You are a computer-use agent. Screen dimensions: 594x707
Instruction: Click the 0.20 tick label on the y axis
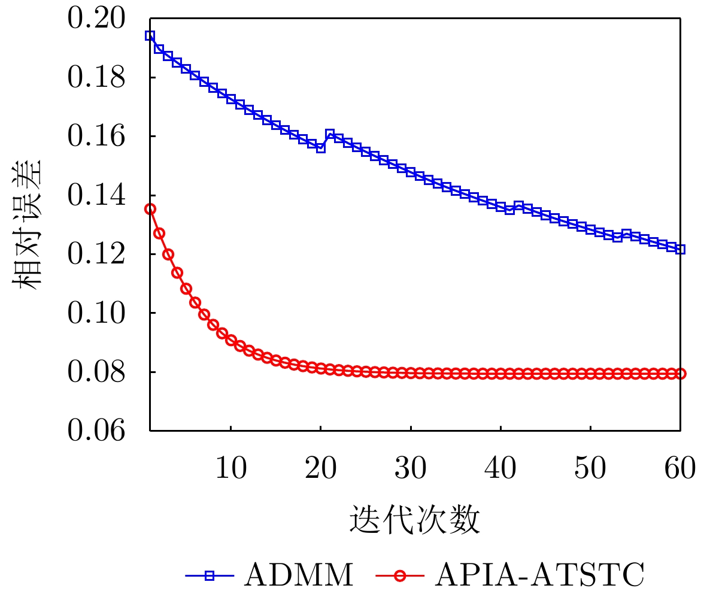click(96, 19)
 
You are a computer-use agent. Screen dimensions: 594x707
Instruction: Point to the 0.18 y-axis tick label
click(96, 78)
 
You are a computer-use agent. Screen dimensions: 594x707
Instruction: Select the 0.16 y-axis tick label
click(96, 137)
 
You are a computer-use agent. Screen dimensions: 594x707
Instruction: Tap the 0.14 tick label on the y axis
click(96, 195)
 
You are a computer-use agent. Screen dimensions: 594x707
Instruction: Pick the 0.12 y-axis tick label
click(96, 254)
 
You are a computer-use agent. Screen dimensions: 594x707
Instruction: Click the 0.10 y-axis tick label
click(96, 313)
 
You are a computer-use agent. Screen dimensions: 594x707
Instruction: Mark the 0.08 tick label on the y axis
click(96, 372)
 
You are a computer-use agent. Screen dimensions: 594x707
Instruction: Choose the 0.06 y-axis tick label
click(96, 431)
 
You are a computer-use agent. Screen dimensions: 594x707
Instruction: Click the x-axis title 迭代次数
click(415, 519)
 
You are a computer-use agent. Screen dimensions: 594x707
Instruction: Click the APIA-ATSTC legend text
click(539, 575)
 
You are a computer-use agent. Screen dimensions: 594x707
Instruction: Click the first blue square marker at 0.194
click(150, 35)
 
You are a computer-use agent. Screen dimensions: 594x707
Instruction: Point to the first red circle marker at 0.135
click(150, 209)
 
